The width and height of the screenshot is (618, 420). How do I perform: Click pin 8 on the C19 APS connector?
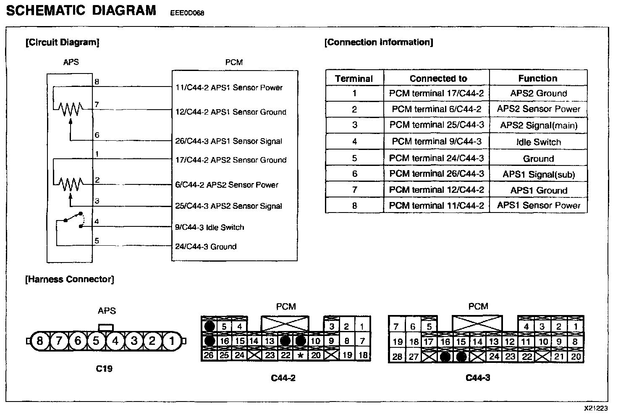40,341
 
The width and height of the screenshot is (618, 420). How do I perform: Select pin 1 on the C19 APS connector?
171,341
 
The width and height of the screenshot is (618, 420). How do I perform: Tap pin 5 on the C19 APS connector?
96,341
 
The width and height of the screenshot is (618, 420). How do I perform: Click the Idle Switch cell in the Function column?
538,142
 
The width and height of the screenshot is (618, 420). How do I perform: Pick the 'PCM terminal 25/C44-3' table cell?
437,125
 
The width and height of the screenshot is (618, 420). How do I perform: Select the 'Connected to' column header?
438,79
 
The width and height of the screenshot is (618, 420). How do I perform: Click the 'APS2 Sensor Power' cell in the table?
538,109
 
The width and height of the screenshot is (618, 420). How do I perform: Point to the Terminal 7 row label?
354,190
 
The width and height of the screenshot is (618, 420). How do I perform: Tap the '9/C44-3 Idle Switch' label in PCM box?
209,227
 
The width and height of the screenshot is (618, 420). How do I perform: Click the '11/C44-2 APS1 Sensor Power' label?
229,88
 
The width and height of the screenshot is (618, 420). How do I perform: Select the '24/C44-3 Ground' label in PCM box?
206,247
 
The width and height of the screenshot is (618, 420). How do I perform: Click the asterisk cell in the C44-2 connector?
301,355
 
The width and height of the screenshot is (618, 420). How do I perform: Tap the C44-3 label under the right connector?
478,378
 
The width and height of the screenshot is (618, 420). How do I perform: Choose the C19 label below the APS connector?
104,369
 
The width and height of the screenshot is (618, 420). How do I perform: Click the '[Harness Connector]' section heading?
70,279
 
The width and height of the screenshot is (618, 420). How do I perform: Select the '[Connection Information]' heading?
379,42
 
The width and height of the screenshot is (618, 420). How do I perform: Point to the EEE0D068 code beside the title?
187,13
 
